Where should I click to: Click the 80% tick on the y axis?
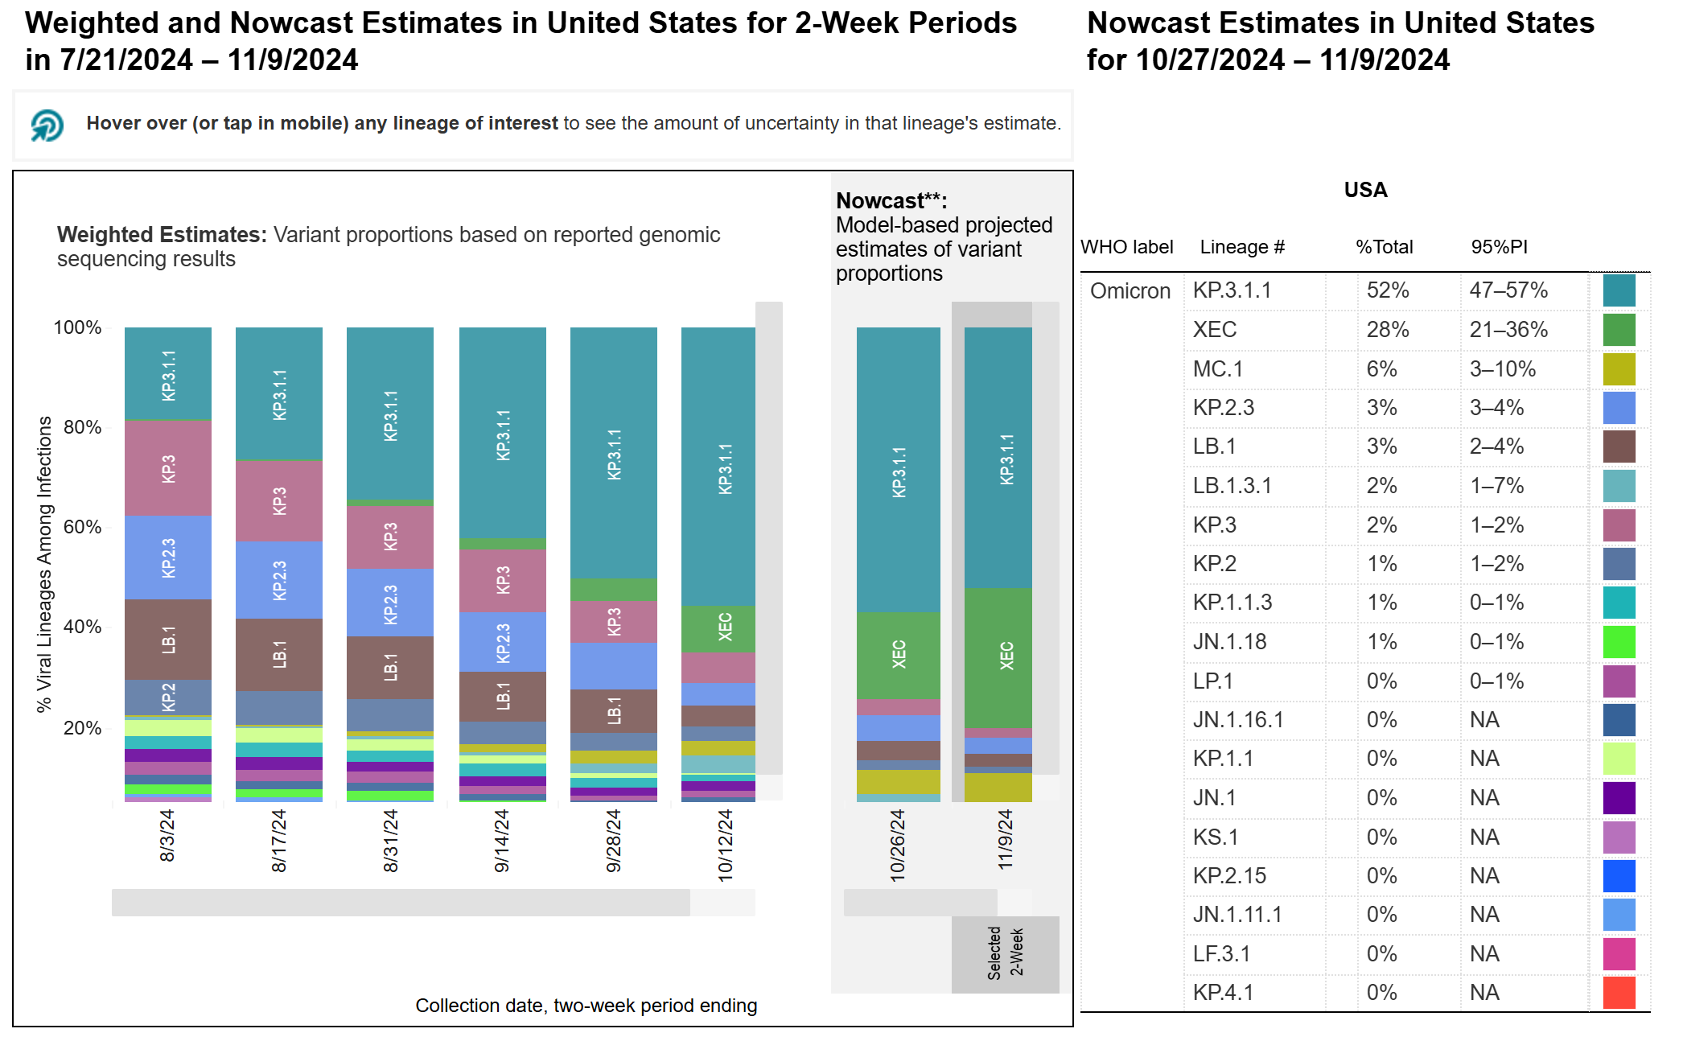[82, 427]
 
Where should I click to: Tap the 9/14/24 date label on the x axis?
[502, 841]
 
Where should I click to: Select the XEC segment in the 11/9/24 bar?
[998, 656]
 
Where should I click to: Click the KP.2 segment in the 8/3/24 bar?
[168, 697]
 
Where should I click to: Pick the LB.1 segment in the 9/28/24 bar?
[614, 710]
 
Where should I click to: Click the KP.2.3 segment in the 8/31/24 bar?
[390, 603]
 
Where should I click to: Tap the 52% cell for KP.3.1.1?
[1388, 290]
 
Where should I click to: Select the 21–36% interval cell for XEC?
[1508, 330]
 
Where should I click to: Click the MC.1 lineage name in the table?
[1218, 369]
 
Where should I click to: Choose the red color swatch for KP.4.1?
[1619, 992]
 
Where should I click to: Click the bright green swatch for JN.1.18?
[1619, 642]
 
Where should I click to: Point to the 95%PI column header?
[1499, 247]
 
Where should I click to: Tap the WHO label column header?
[1126, 247]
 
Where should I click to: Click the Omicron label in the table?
[1130, 291]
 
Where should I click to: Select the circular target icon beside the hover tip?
[47, 125]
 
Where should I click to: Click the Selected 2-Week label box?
[1005, 953]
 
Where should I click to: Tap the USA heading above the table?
[1365, 191]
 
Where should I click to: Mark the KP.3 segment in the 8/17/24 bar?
[279, 500]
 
